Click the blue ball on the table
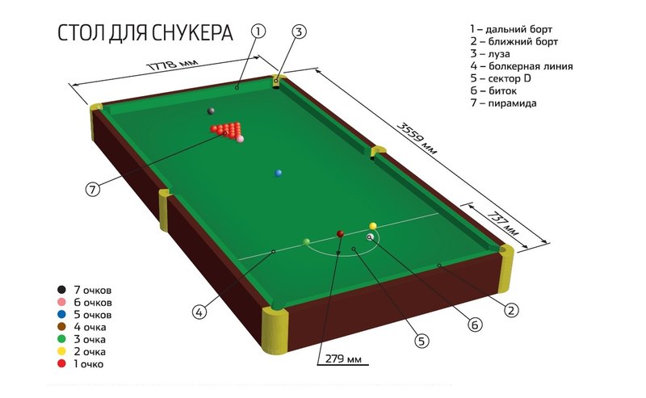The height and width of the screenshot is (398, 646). pos(279,173)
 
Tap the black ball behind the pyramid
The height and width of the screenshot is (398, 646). pos(211,111)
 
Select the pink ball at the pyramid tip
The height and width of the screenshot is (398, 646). pos(240,139)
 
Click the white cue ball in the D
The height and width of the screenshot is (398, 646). pos(370,237)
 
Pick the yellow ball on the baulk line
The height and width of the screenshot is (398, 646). pos(373,226)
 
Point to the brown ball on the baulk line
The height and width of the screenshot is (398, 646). pos(340,233)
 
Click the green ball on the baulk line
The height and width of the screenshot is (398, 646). pos(306,241)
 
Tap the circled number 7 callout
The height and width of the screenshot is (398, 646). pos(94,189)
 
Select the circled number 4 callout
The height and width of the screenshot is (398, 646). pos(198,311)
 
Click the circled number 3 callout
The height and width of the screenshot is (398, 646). pos(299,32)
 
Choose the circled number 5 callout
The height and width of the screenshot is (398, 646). pos(422,341)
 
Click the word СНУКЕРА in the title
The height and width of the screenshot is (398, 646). pos(187,33)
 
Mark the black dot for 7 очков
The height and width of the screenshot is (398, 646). pos(61,289)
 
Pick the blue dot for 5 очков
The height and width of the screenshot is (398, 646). pos(61,314)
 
